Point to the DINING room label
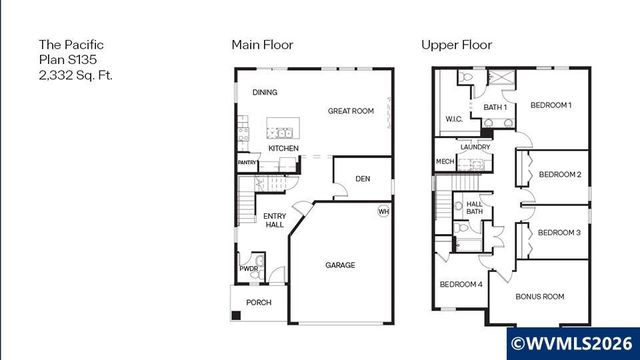tap(265, 93)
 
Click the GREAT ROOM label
tap(350, 111)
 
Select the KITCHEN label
tap(283, 149)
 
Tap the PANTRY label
tap(247, 162)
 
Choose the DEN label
tap(364, 180)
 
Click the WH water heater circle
tap(384, 211)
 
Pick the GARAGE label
tap(341, 266)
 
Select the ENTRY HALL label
tap(274, 220)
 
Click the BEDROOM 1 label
tap(550, 105)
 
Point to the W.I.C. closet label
tap(452, 120)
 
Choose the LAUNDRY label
tap(474, 147)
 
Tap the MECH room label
tap(445, 162)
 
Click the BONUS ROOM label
tap(540, 296)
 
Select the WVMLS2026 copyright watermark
tap(574, 343)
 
